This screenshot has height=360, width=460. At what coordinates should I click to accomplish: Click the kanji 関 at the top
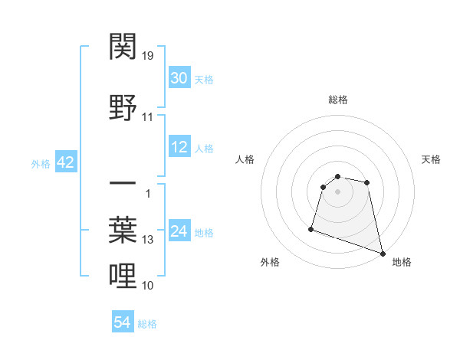[123, 47]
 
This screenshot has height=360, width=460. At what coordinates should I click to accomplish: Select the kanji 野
[123, 108]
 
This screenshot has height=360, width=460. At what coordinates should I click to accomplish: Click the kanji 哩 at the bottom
[123, 277]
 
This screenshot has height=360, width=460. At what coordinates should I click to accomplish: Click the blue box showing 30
[179, 79]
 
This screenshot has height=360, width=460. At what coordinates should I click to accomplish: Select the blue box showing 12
[179, 147]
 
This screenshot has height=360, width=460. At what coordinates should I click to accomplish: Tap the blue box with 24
[179, 231]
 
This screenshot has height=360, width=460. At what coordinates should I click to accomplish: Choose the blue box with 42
[65, 162]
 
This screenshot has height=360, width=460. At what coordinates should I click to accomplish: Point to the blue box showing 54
[123, 322]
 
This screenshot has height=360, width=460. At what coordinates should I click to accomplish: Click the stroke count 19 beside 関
[148, 55]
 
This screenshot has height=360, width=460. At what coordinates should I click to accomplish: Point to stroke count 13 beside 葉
[148, 240]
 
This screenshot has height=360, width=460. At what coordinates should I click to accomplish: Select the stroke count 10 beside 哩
[148, 286]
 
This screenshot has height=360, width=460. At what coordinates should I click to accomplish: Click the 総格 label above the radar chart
[338, 100]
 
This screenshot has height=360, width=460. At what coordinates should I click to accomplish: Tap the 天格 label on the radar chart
[431, 159]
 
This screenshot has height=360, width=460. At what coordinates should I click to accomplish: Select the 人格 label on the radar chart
[245, 159]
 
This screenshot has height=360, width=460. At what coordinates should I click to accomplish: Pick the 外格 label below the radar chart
[270, 262]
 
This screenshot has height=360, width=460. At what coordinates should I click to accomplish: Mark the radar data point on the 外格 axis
[311, 228]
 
